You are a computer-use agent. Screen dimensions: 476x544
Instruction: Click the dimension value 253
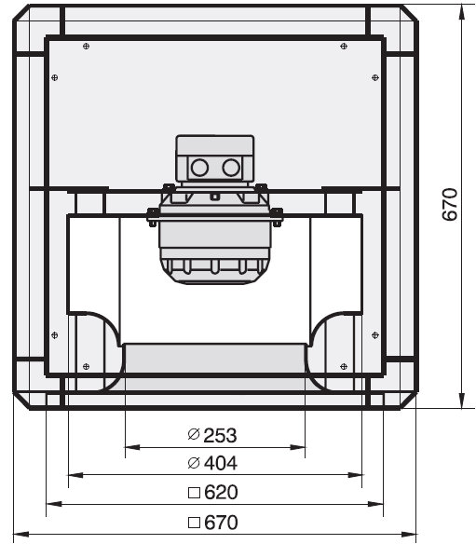[x=220, y=435]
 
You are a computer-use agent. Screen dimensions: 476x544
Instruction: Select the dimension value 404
[x=221, y=463]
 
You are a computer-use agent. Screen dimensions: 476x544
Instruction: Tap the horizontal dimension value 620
[x=221, y=493]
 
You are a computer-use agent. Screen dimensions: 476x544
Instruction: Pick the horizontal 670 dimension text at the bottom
[x=221, y=523]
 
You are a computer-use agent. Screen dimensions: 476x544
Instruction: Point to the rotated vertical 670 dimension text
[x=450, y=204]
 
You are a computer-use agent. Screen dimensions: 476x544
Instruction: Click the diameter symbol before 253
[x=194, y=434]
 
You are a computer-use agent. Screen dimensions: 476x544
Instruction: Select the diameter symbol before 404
[x=194, y=463]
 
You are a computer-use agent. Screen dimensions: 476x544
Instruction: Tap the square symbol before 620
[x=194, y=493]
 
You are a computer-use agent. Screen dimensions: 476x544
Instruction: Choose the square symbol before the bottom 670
[x=194, y=523]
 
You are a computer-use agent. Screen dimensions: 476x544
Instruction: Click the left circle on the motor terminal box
[x=199, y=168]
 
